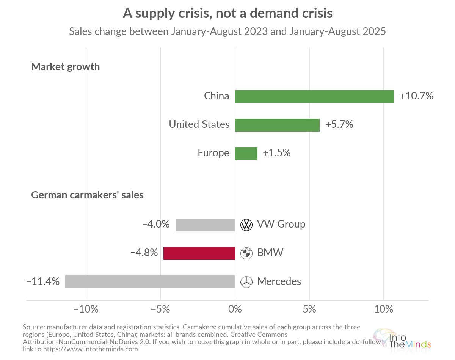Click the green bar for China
pyautogui.click(x=315, y=97)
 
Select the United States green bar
pyautogui.click(x=277, y=125)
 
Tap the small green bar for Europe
pyautogui.click(x=246, y=154)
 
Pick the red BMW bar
pyautogui.click(x=199, y=253)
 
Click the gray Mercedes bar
pyautogui.click(x=150, y=282)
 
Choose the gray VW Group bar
pyautogui.click(x=205, y=225)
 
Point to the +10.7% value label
pyautogui.click(x=416, y=96)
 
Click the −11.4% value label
pyautogui.click(x=43, y=281)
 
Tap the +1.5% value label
pyautogui.click(x=276, y=153)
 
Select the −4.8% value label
pyautogui.click(x=144, y=253)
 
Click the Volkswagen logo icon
pyautogui.click(x=246, y=225)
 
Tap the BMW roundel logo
pyautogui.click(x=246, y=253)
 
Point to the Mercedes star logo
pyautogui.click(x=246, y=282)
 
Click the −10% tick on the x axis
pyautogui.click(x=86, y=309)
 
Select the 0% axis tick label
pyautogui.click(x=235, y=309)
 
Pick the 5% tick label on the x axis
pyautogui.click(x=309, y=309)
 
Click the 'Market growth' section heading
pyautogui.click(x=66, y=67)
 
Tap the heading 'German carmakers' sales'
pyautogui.click(x=87, y=195)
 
